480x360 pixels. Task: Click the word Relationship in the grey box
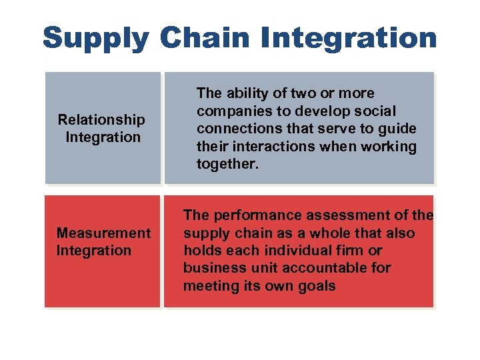pos(101,120)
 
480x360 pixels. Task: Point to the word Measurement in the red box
pos(103,233)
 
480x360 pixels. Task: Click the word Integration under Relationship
pos(103,137)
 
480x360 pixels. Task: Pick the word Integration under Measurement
pos(94,251)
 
